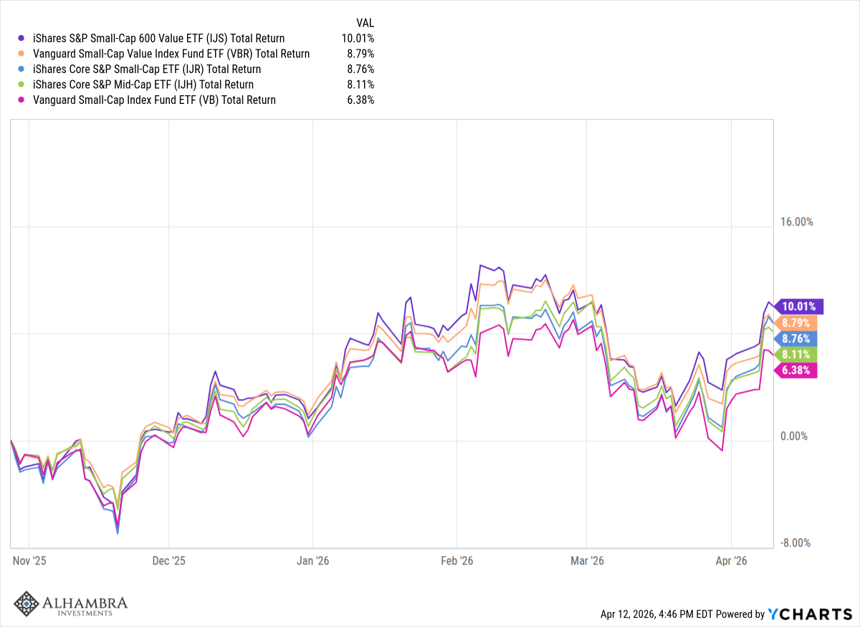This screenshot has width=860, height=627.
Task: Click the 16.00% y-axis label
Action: point(796,222)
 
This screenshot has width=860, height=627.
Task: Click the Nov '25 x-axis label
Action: point(29,560)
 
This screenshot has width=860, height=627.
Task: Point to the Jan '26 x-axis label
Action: point(313,560)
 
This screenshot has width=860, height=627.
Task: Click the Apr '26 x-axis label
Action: point(730,560)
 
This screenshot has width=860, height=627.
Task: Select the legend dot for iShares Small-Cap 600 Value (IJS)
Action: point(22,39)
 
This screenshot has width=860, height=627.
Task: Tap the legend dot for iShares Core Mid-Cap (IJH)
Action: point(22,85)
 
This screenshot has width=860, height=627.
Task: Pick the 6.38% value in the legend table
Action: point(359,100)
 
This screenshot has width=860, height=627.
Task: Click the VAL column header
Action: point(365,22)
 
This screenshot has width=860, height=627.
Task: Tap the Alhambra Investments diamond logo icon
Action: point(27,603)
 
